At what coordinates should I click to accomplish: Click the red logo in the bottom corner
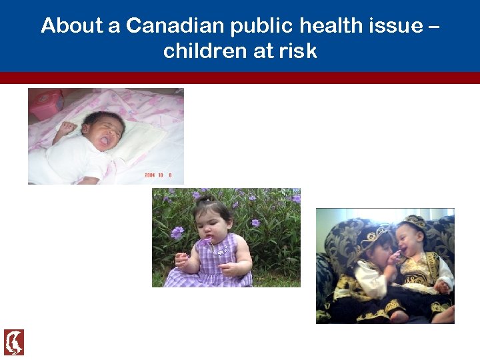[x=14, y=342]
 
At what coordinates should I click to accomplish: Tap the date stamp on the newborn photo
[x=159, y=175]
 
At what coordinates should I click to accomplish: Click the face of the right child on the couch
[x=408, y=243]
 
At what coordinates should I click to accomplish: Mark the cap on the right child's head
[x=413, y=222]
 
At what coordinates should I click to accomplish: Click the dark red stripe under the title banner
[x=240, y=78]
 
